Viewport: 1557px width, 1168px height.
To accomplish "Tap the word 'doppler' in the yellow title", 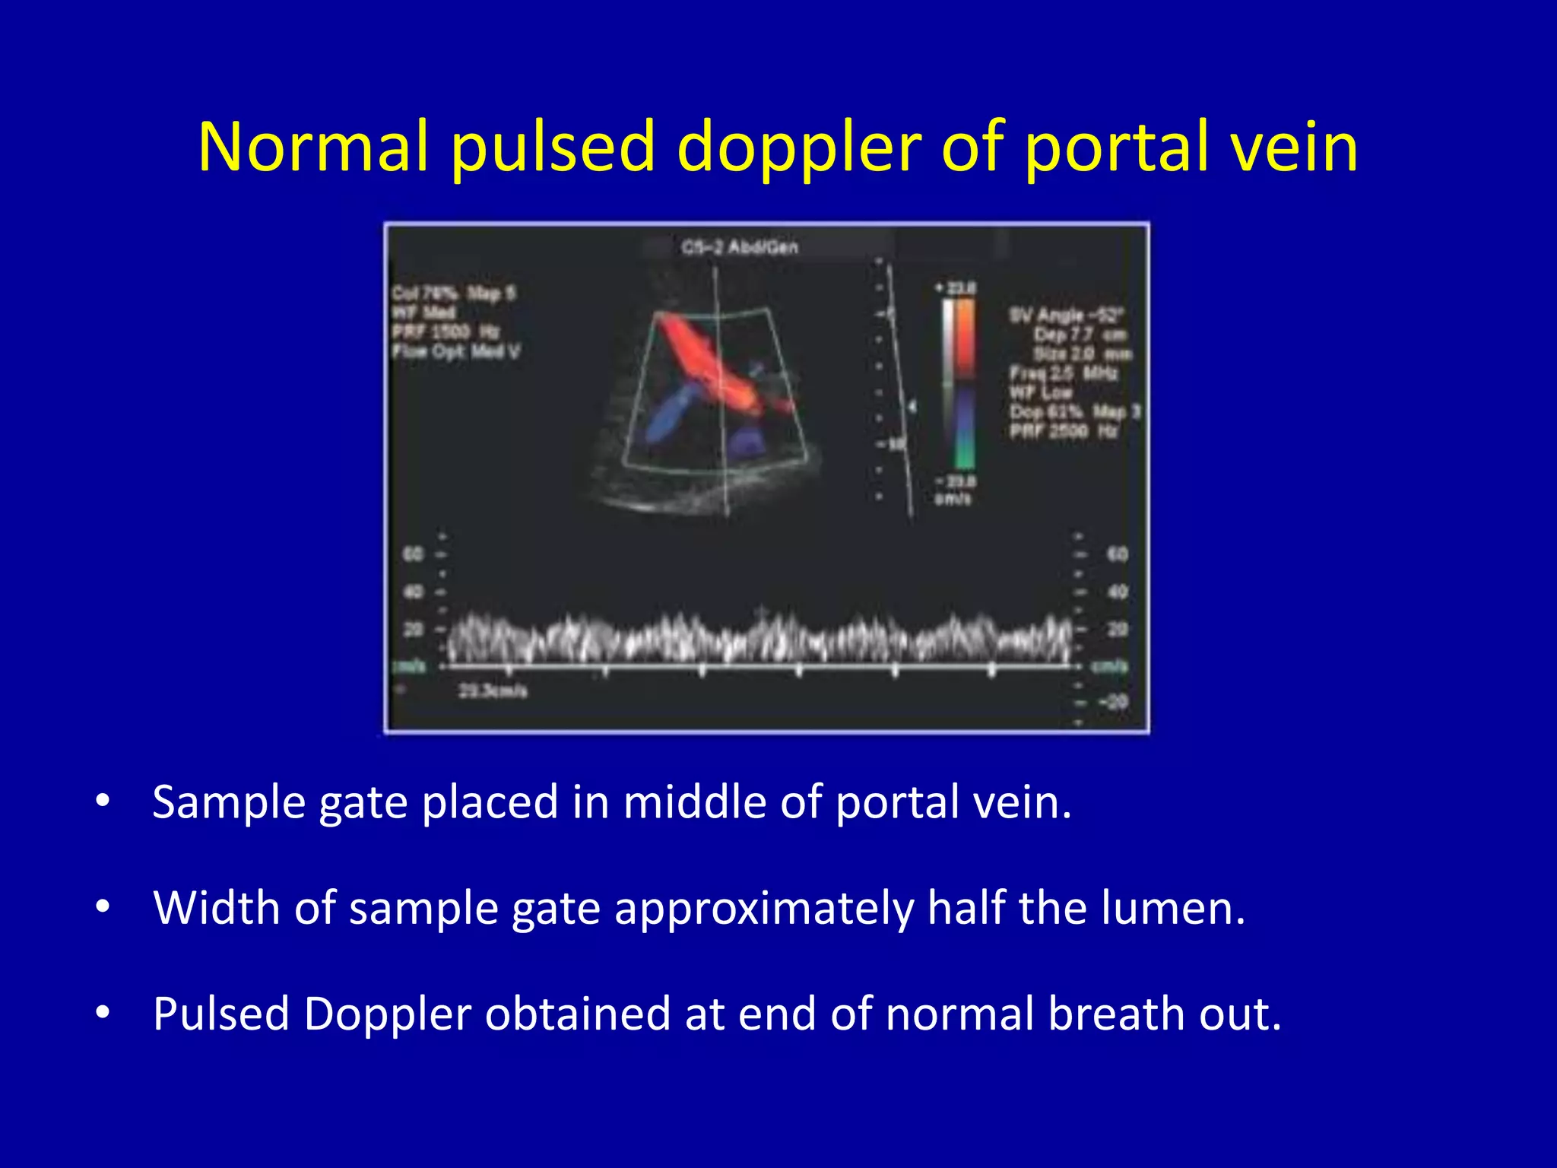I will [x=798, y=148].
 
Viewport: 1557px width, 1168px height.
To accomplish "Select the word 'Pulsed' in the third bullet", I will [x=221, y=1014].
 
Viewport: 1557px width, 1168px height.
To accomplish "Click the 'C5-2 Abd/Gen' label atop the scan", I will [x=740, y=247].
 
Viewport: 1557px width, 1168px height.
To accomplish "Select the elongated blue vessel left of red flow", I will [x=670, y=414].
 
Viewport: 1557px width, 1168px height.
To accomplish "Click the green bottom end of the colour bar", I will [x=964, y=456].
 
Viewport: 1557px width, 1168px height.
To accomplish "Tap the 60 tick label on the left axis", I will [x=413, y=554].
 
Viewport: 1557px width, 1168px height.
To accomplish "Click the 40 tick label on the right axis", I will [x=1117, y=592].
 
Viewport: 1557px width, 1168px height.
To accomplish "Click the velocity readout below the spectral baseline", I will [x=492, y=691].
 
